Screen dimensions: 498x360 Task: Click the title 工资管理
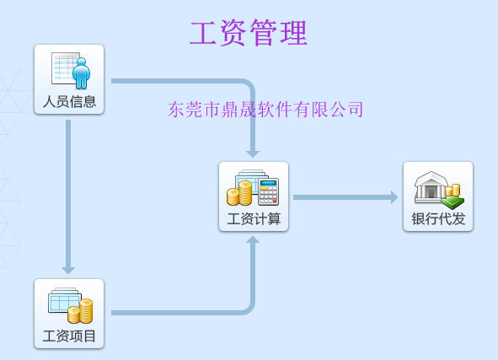(x=249, y=32)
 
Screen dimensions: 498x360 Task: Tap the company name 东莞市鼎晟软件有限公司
(x=265, y=110)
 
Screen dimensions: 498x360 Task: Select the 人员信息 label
(x=69, y=102)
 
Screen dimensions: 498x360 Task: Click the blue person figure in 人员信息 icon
(x=81, y=73)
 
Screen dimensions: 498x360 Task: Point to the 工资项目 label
(x=69, y=336)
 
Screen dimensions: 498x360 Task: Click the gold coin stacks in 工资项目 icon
(x=80, y=311)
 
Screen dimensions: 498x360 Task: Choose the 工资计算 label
(x=254, y=219)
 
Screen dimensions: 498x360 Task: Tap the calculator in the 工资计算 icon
(x=269, y=191)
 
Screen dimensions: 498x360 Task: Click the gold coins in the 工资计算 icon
(x=239, y=193)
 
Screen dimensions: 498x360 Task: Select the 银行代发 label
(x=438, y=219)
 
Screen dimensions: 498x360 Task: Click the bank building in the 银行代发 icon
(x=431, y=187)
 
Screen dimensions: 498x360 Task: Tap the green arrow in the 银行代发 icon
(x=452, y=202)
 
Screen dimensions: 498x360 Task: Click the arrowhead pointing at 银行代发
(x=394, y=197)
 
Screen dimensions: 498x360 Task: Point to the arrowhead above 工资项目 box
(x=68, y=271)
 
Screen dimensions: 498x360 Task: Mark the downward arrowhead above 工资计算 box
(x=253, y=154)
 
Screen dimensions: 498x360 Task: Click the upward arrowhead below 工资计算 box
(x=253, y=239)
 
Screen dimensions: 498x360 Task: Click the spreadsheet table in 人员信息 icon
(x=65, y=68)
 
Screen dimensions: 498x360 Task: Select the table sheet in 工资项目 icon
(x=63, y=300)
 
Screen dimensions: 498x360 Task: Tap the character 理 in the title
(x=294, y=32)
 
